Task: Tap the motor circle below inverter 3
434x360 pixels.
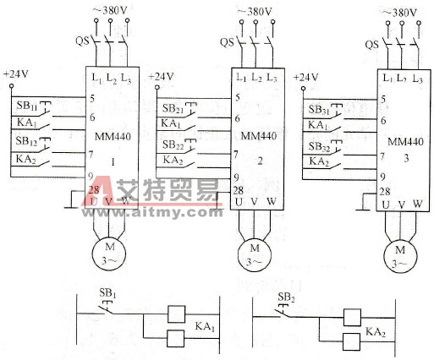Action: pos(400,254)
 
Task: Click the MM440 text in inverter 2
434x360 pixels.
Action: pos(257,135)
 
